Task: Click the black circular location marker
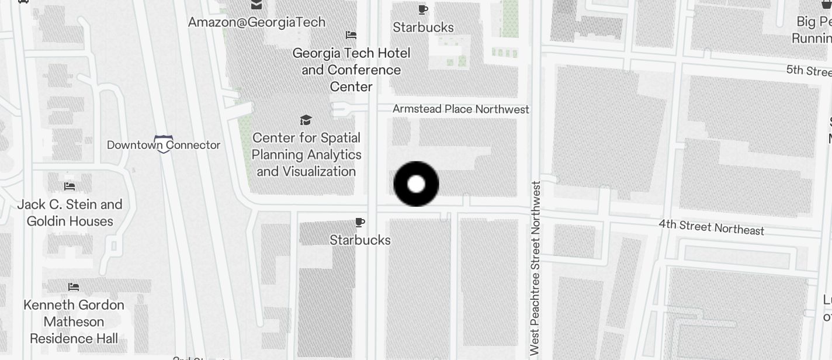pyautogui.click(x=416, y=184)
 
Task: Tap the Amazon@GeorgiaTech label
pyautogui.click(x=256, y=22)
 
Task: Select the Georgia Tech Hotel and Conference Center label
pyautogui.click(x=351, y=70)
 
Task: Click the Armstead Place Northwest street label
pyautogui.click(x=460, y=109)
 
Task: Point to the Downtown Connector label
pyautogui.click(x=164, y=144)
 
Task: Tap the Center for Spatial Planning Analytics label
pyautogui.click(x=306, y=155)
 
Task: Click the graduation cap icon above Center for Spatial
pyautogui.click(x=306, y=120)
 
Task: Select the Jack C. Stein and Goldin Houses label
pyautogui.click(x=70, y=213)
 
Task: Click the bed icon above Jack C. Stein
pyautogui.click(x=70, y=186)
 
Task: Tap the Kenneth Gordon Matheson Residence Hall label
pyautogui.click(x=74, y=321)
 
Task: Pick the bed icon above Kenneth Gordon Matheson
pyautogui.click(x=74, y=287)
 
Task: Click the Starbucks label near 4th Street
pyautogui.click(x=360, y=240)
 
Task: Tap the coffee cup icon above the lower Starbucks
pyautogui.click(x=360, y=222)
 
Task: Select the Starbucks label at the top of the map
pyautogui.click(x=423, y=27)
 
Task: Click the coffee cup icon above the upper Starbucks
pyautogui.click(x=423, y=9)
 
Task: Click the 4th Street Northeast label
pyautogui.click(x=711, y=227)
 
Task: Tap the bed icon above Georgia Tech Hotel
pyautogui.click(x=351, y=35)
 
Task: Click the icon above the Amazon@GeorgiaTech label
pyautogui.click(x=256, y=5)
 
